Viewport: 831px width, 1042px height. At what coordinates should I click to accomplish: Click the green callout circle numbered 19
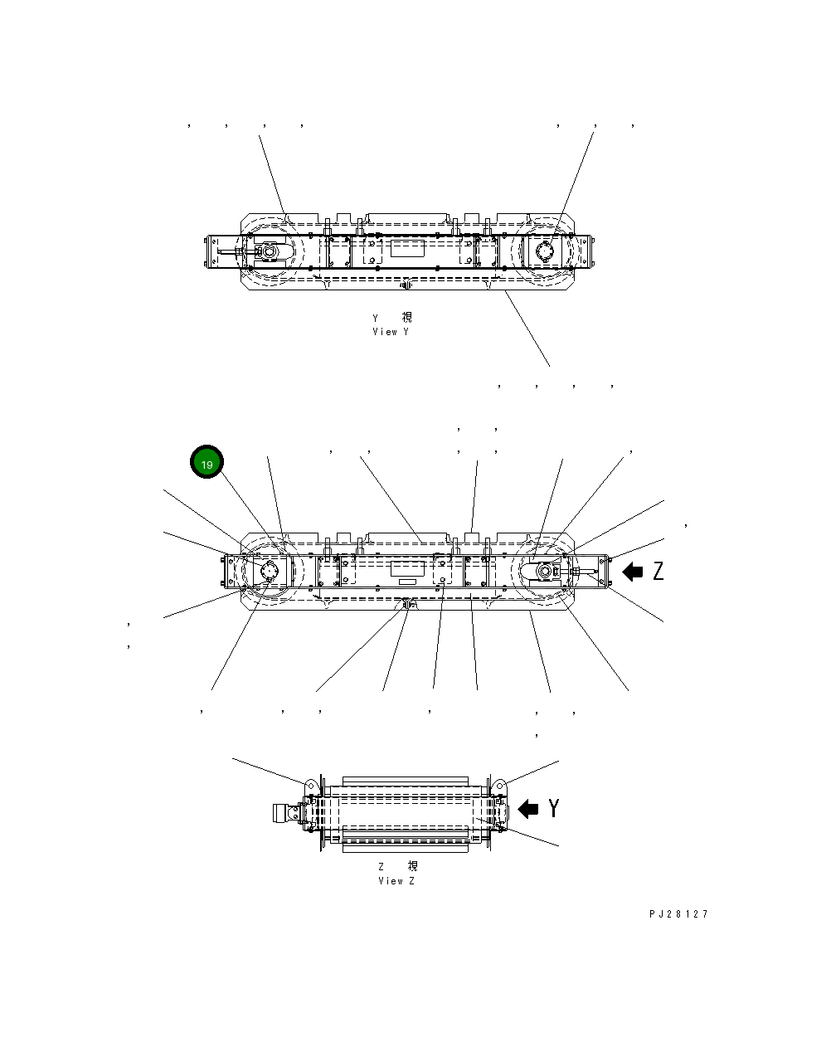point(207,464)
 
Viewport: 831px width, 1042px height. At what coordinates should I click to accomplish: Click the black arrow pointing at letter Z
point(633,571)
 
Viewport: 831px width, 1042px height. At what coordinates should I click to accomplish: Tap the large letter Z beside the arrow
point(658,571)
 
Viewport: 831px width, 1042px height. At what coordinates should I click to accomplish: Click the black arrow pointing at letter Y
point(527,808)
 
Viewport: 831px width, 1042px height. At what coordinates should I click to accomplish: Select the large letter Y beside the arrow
point(553,808)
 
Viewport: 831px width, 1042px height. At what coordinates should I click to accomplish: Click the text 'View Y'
point(391,332)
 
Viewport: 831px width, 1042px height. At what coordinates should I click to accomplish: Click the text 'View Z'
point(396,881)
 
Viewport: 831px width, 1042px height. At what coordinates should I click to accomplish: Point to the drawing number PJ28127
point(678,914)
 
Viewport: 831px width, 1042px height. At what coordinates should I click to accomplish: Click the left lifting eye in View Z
point(311,785)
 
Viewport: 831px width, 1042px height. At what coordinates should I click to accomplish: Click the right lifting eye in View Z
point(500,785)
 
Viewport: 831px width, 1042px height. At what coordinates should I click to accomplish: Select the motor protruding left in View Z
point(284,813)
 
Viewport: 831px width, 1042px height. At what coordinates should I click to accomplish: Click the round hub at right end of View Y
point(545,251)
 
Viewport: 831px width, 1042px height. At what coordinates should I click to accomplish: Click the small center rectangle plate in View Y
point(406,249)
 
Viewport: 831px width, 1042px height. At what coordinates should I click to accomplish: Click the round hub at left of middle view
point(269,572)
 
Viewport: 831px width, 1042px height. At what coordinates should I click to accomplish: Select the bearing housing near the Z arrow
point(547,572)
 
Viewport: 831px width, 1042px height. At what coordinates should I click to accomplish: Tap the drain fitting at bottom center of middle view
point(406,605)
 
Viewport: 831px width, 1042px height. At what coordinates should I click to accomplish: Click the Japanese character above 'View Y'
point(406,318)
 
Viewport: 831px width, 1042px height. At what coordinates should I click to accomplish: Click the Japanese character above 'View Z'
point(412,866)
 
